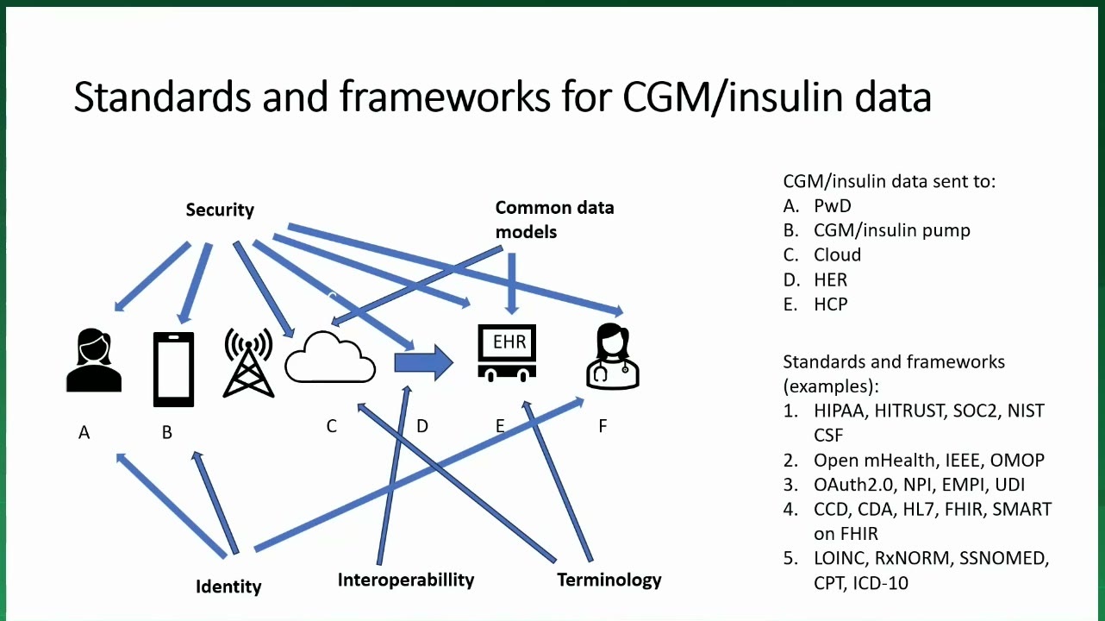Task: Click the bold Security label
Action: (x=220, y=210)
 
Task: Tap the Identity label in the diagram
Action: (x=228, y=586)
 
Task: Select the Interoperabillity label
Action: (x=405, y=580)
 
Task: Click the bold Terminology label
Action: (x=609, y=580)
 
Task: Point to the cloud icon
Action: (x=330, y=357)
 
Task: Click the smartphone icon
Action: (x=173, y=369)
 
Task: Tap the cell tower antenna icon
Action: (x=248, y=362)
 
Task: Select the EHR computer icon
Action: (x=507, y=353)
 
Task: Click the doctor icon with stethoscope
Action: (x=613, y=355)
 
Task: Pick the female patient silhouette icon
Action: (x=94, y=361)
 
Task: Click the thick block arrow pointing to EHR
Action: (x=424, y=363)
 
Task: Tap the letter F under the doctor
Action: (x=602, y=426)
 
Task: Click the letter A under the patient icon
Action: (x=84, y=432)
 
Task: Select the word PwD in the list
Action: (x=833, y=206)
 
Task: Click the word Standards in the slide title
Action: (x=162, y=97)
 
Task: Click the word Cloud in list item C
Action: (x=837, y=254)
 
